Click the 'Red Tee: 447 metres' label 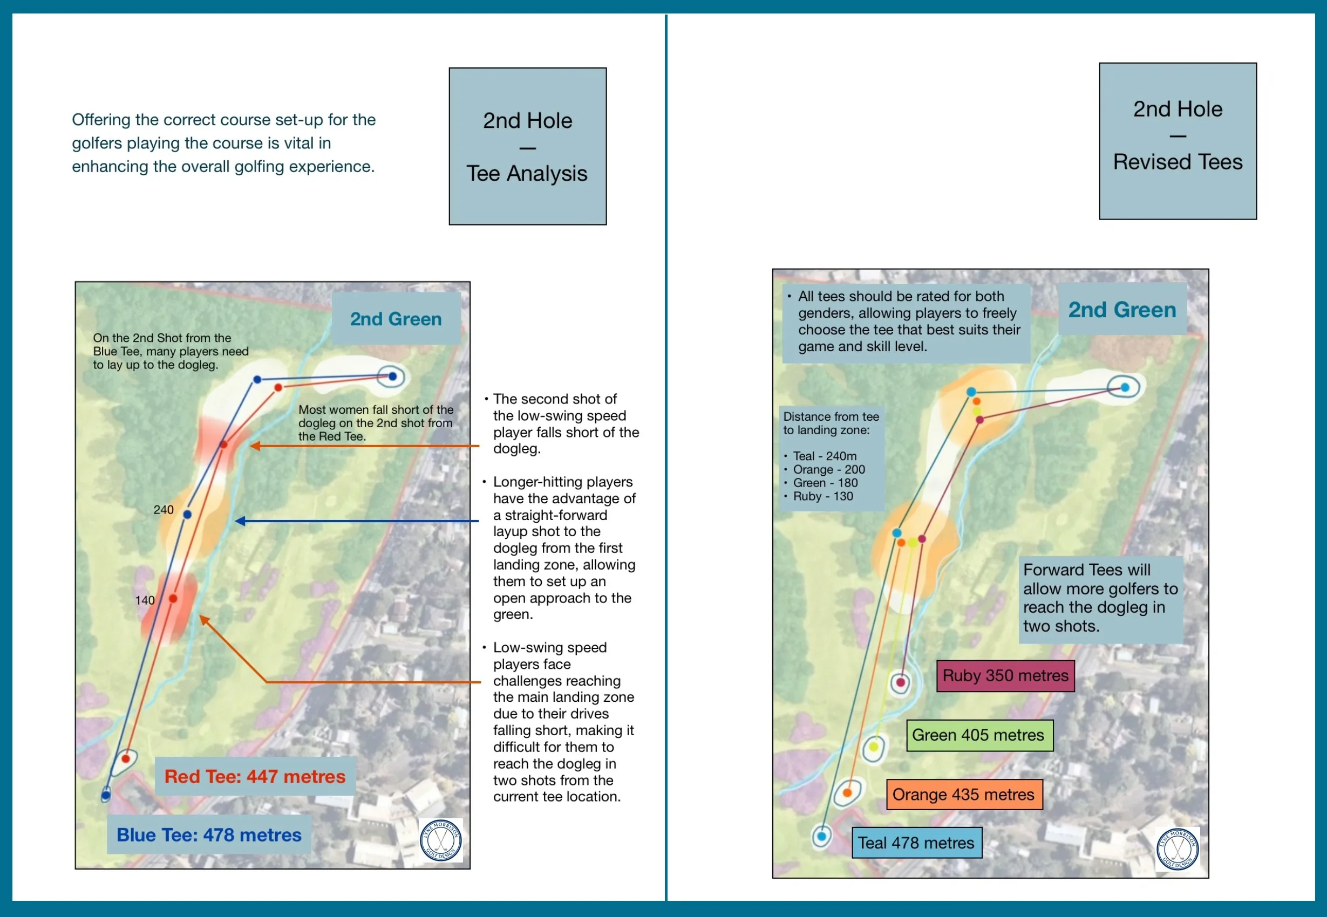click(x=255, y=776)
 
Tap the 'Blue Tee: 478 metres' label click(x=209, y=835)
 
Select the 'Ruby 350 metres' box click(x=1005, y=676)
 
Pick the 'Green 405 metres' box click(x=979, y=735)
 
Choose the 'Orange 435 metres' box click(x=964, y=795)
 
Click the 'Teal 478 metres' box click(x=916, y=843)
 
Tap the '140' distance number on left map click(x=145, y=600)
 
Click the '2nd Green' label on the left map click(x=396, y=319)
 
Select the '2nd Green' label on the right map click(x=1122, y=310)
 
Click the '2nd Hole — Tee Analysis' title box click(x=527, y=147)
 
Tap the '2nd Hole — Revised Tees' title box click(x=1178, y=141)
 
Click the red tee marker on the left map click(x=125, y=759)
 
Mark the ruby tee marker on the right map click(x=901, y=682)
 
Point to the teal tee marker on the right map click(x=822, y=836)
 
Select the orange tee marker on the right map click(x=847, y=793)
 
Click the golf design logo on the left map click(x=441, y=840)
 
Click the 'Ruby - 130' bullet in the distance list click(x=822, y=496)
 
